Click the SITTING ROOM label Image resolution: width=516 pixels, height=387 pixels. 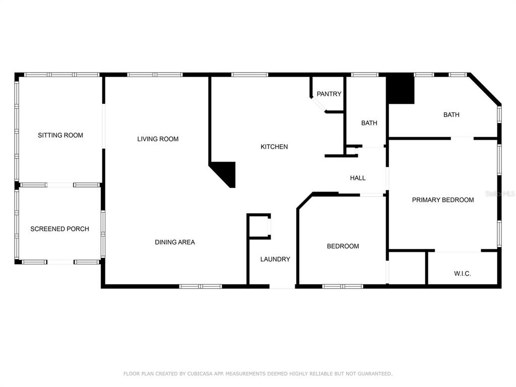[x=60, y=135]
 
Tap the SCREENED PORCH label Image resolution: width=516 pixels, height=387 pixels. [x=59, y=229]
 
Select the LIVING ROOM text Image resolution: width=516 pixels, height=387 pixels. [x=158, y=139]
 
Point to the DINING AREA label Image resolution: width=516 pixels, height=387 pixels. [x=175, y=242]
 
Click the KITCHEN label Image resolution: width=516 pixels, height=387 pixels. [x=274, y=147]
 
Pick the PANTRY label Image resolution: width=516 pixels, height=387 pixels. [x=329, y=94]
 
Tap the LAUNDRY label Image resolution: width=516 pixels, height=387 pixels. [x=275, y=260]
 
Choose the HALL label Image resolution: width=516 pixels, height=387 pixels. [x=358, y=178]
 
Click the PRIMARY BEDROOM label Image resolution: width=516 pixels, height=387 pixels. [x=443, y=200]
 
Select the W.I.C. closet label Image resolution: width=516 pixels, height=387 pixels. [x=463, y=274]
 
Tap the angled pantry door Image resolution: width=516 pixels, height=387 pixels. [x=318, y=104]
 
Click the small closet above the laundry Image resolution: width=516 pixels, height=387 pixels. [x=259, y=226]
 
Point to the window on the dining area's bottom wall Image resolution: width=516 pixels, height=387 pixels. [x=201, y=286]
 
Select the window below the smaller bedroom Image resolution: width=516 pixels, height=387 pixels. [x=343, y=286]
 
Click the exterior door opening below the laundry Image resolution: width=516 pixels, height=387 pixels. [x=282, y=287]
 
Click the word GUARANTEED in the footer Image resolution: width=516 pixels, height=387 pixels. [x=375, y=373]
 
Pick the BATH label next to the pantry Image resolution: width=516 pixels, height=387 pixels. [x=369, y=123]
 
